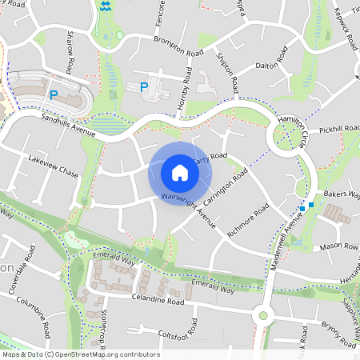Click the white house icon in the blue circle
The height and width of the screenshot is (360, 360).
pyautogui.click(x=180, y=172)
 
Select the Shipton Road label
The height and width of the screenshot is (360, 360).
pyautogui.click(x=227, y=71)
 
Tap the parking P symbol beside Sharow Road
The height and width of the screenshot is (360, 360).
pyautogui.click(x=54, y=95)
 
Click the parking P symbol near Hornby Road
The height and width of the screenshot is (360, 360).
pyautogui.click(x=144, y=87)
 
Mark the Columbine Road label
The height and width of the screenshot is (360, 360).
pyautogui.click(x=36, y=318)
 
